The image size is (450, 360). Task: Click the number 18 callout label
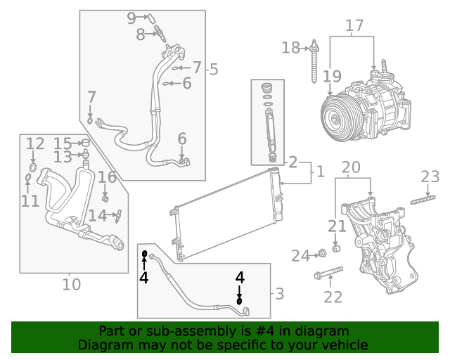coord(290,47)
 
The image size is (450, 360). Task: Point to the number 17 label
coord(354,25)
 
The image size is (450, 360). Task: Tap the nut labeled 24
coord(321,253)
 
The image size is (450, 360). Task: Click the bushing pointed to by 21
coord(336,249)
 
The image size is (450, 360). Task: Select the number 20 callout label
coord(351,167)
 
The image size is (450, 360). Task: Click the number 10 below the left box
coord(71,284)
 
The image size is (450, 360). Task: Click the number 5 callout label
coord(214,69)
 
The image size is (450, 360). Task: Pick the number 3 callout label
coord(279,293)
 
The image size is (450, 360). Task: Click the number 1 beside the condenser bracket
coord(319,171)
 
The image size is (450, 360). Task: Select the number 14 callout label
coord(97,215)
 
